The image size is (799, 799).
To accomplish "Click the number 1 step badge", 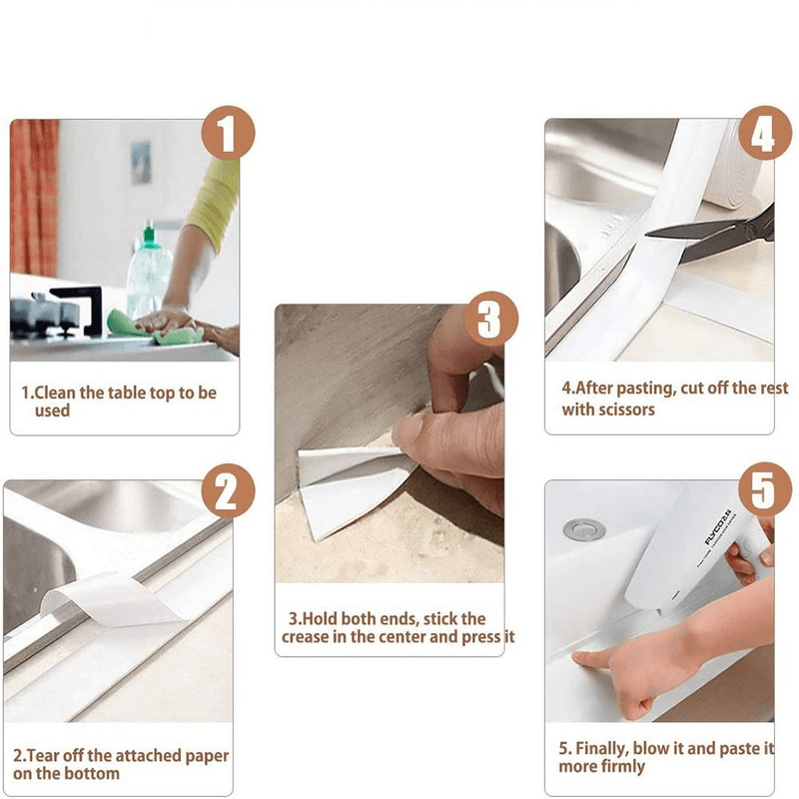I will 229,135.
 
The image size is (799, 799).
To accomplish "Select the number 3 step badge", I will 488,321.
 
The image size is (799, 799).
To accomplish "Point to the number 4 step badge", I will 763,135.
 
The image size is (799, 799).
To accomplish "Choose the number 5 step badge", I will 763,493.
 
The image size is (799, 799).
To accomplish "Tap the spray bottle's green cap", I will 151,236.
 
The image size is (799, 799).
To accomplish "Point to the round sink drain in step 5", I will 578,528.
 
